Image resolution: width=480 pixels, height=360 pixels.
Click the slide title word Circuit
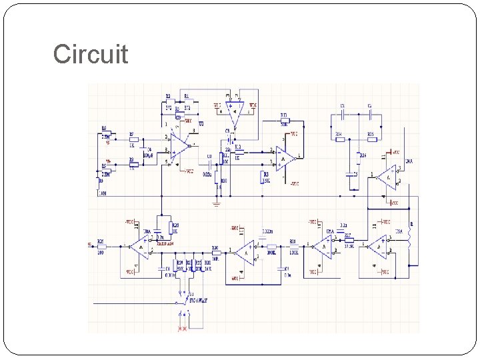pos(91,54)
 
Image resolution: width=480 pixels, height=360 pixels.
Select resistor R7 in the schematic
pos(133,140)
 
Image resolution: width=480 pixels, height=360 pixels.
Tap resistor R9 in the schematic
pos(133,164)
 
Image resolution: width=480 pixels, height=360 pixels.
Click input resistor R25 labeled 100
pos(101,246)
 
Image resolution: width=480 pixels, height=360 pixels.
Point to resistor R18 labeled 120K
pos(293,246)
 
